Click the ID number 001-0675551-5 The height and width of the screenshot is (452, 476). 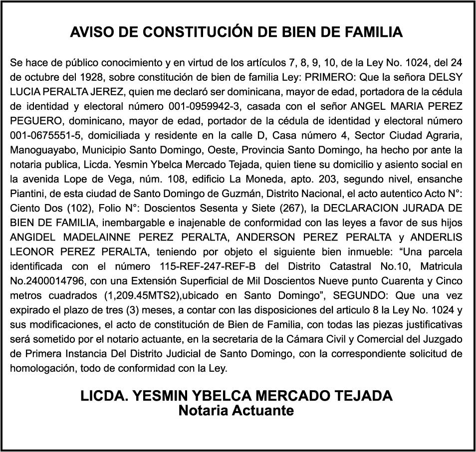point(38,135)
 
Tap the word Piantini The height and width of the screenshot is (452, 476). point(26,193)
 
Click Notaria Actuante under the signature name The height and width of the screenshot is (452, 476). point(237,411)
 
